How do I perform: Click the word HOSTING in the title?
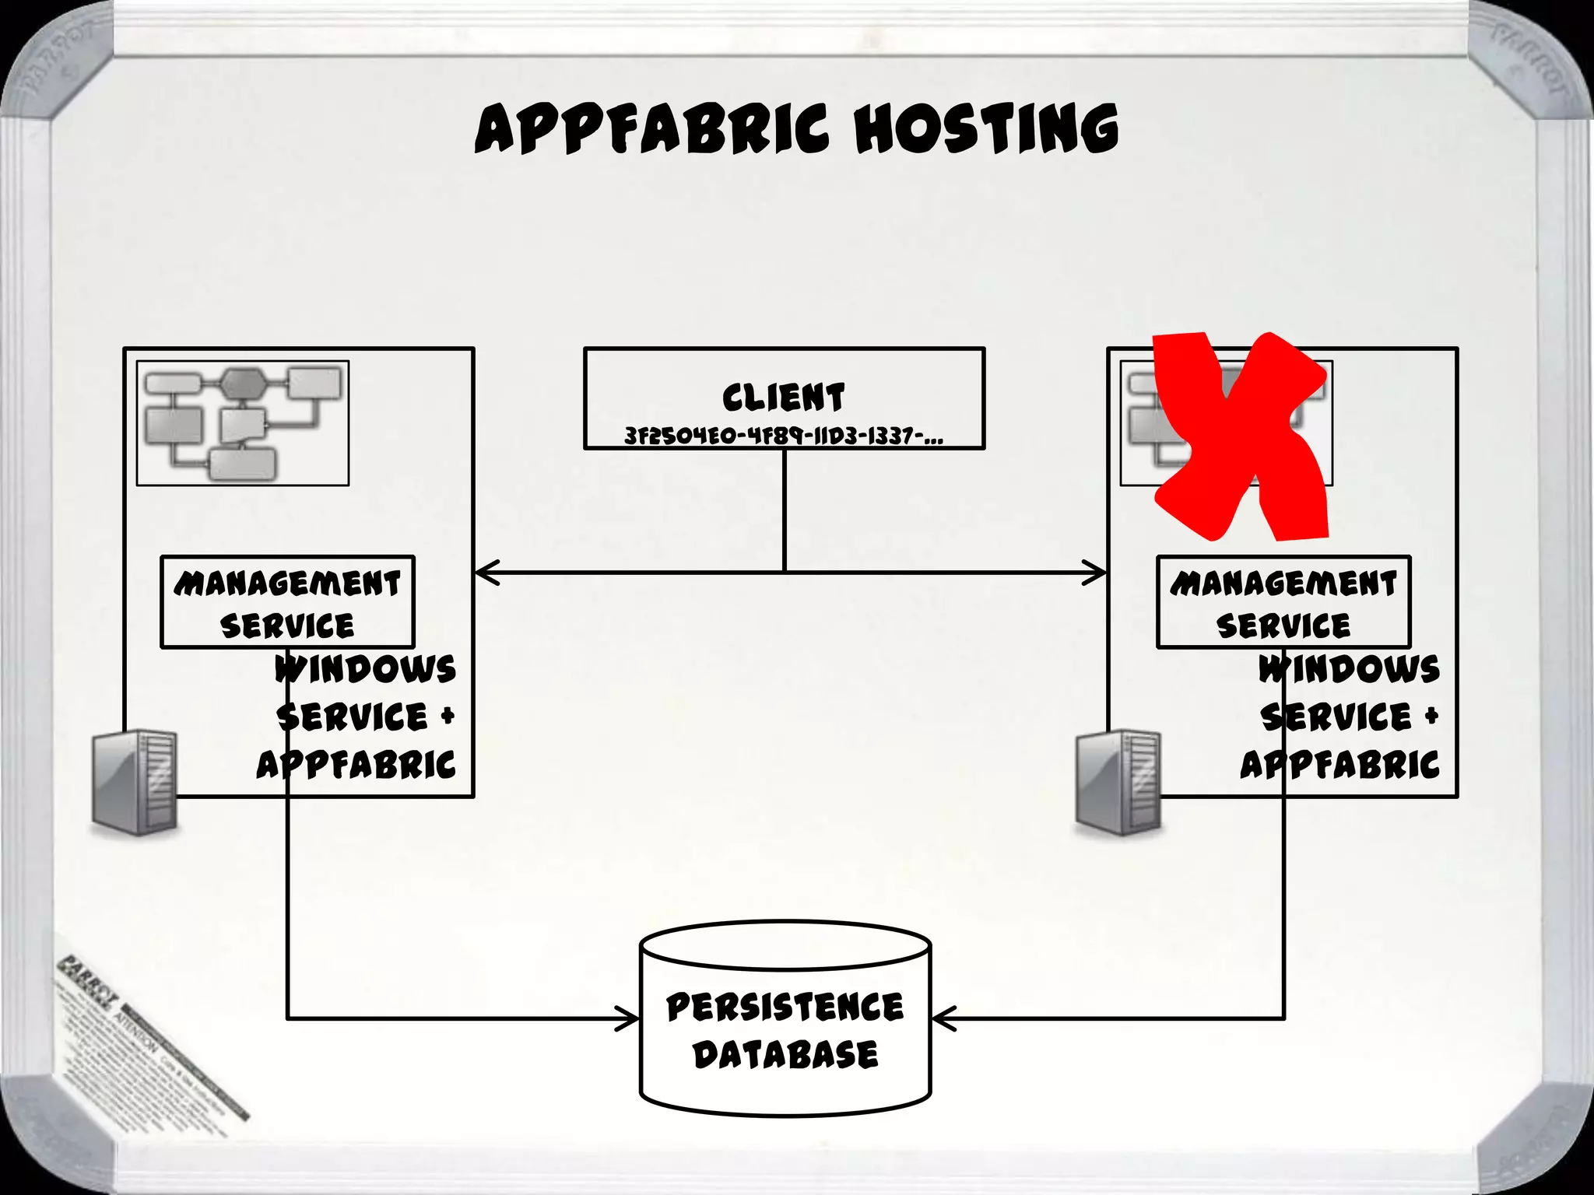[986, 129]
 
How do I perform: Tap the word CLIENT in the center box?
[783, 398]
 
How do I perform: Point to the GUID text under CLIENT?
[783, 436]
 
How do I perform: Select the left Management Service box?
[287, 602]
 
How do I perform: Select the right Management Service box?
[1283, 602]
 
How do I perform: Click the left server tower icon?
[135, 782]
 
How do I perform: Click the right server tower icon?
[1118, 782]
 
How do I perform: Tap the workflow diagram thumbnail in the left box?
[243, 423]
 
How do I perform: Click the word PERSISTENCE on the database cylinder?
[785, 1007]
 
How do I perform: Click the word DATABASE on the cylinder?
[785, 1055]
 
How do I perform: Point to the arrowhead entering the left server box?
[484, 573]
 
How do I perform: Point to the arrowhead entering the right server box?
[1097, 573]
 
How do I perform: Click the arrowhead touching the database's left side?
[629, 1018]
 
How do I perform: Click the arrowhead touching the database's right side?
[942, 1018]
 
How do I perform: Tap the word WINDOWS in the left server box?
[366, 669]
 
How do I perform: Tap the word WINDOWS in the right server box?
[1350, 669]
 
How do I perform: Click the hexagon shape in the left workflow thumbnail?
[243, 383]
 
